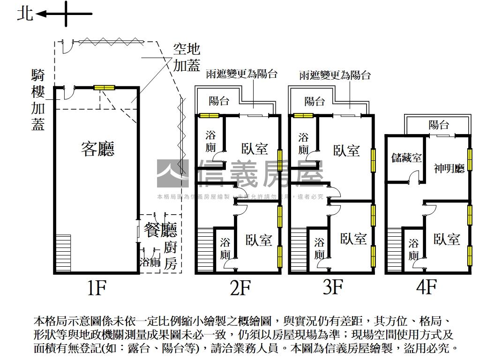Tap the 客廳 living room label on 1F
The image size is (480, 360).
[97, 149]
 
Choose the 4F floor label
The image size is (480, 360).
[426, 287]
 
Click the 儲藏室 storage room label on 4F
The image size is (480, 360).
[406, 158]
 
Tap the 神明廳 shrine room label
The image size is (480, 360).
[449, 168]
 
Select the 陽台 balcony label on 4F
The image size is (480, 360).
[439, 125]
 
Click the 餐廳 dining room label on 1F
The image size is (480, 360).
[160, 230]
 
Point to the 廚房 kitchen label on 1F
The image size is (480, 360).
[171, 256]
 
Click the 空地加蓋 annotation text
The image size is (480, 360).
[187, 57]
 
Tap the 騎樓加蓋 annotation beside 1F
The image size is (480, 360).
[38, 100]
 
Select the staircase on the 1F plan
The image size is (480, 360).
[63, 253]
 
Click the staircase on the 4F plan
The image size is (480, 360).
[395, 249]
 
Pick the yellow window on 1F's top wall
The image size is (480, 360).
[104, 87]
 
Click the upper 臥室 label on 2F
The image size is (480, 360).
[255, 149]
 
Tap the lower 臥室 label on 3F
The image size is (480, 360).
[353, 239]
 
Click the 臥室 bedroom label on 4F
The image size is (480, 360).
[447, 239]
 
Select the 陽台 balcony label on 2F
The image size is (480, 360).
[219, 101]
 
